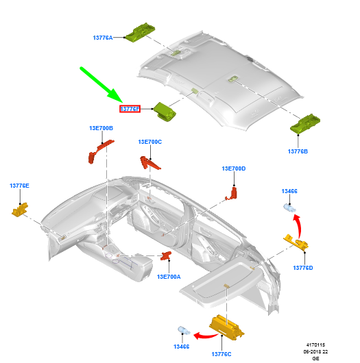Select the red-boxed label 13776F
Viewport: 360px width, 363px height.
(130, 109)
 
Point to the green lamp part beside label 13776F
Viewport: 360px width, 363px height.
(164, 110)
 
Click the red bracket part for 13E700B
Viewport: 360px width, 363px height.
(97, 151)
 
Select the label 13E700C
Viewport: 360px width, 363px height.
(149, 142)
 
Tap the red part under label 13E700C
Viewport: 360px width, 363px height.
(150, 163)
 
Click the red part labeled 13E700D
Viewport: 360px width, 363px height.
(233, 192)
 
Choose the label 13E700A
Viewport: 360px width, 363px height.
(168, 277)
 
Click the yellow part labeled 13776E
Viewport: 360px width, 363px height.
(19, 209)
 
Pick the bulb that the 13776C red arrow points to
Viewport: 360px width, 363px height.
(183, 331)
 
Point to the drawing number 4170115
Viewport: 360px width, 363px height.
(315, 345)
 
